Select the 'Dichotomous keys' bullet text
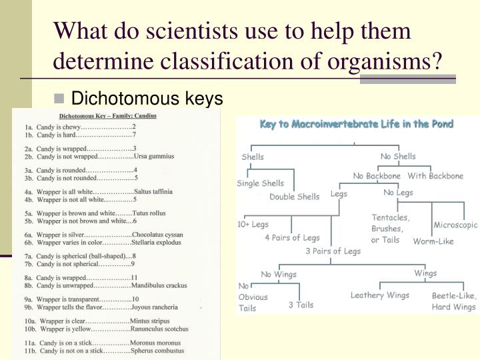coord(146,99)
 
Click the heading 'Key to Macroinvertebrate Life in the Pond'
coord(356,124)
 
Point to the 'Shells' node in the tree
coord(253,157)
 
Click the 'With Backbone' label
coord(435,176)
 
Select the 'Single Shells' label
coord(260,183)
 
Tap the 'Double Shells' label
coord(294,197)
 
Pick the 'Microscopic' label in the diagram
coord(455,225)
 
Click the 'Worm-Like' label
coord(433,241)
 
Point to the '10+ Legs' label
coord(254,225)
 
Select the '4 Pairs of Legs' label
coord(292,237)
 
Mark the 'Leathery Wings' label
coord(379,295)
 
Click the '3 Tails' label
coord(301,305)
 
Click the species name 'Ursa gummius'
coord(154,157)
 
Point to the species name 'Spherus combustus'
coord(159,350)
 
